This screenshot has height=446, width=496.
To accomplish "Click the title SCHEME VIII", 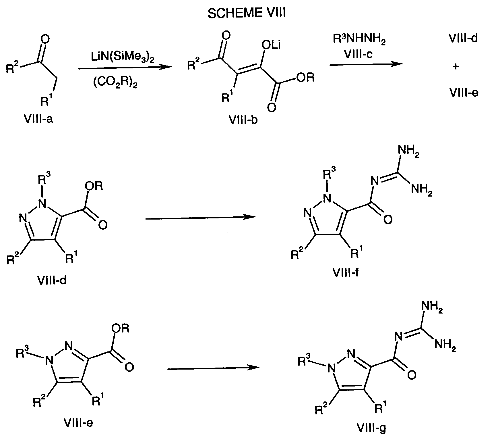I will tap(247, 14).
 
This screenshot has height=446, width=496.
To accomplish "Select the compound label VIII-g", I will tap(372, 436).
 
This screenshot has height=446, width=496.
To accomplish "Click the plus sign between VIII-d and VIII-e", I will tap(456, 66).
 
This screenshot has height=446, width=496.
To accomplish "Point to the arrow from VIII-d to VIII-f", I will tap(200, 218).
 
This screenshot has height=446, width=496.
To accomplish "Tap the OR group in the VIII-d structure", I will tap(94, 187).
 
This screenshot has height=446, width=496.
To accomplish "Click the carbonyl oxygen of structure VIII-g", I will tap(411, 374).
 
